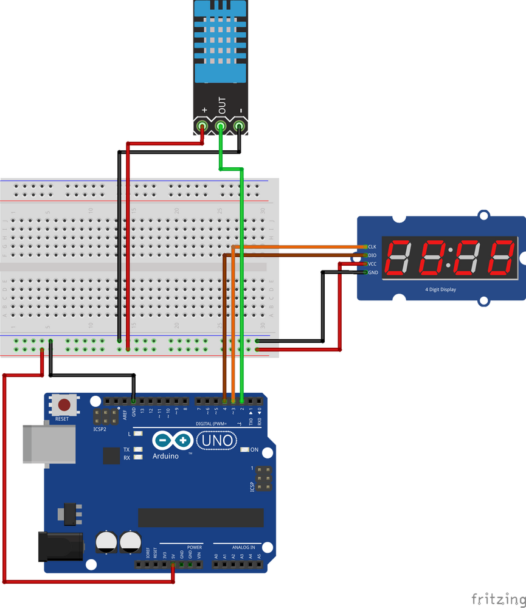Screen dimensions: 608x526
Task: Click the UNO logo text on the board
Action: (217, 441)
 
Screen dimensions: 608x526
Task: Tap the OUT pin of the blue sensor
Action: (221, 126)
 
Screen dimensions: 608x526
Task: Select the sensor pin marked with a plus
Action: (203, 126)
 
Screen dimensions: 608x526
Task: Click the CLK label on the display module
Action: (372, 246)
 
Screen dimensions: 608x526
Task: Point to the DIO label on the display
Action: (372, 255)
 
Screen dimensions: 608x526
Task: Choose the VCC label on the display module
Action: (372, 264)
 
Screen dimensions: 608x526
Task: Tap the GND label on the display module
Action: (372, 272)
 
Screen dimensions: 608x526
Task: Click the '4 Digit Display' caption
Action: (440, 289)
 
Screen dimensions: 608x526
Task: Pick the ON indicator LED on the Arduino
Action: (244, 450)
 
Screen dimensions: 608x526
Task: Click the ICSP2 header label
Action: (100, 429)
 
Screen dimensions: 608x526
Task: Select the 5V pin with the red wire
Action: (173, 565)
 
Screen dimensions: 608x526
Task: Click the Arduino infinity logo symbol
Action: (173, 441)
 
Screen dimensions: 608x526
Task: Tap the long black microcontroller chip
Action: (201, 517)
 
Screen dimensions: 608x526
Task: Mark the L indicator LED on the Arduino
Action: (139, 434)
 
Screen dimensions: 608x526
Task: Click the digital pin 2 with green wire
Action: (242, 401)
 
